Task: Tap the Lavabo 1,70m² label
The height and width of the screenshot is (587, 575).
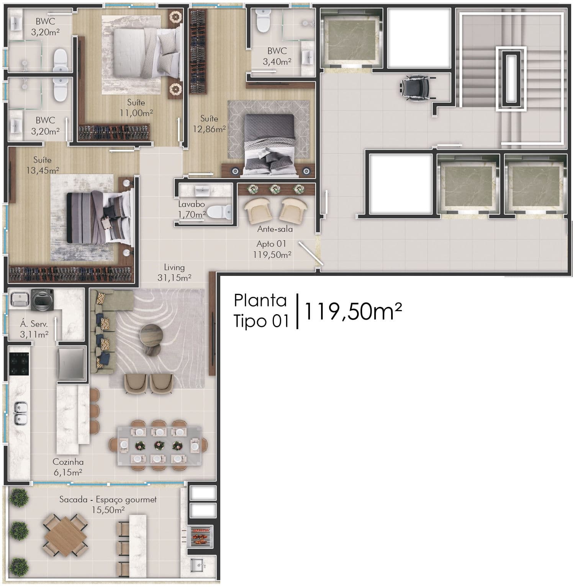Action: tap(192, 210)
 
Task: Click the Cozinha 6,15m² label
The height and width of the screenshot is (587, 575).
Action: tap(69, 467)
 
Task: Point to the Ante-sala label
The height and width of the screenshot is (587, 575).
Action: tap(275, 229)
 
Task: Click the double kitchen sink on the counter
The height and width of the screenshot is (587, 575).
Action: tap(20, 413)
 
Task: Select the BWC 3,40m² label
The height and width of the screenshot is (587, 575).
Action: tap(277, 56)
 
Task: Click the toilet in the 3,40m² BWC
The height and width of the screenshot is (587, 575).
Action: tap(263, 20)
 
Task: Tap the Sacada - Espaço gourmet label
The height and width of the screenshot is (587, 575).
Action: tap(108, 500)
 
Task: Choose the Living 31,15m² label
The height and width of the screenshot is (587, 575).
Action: tap(174, 272)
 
